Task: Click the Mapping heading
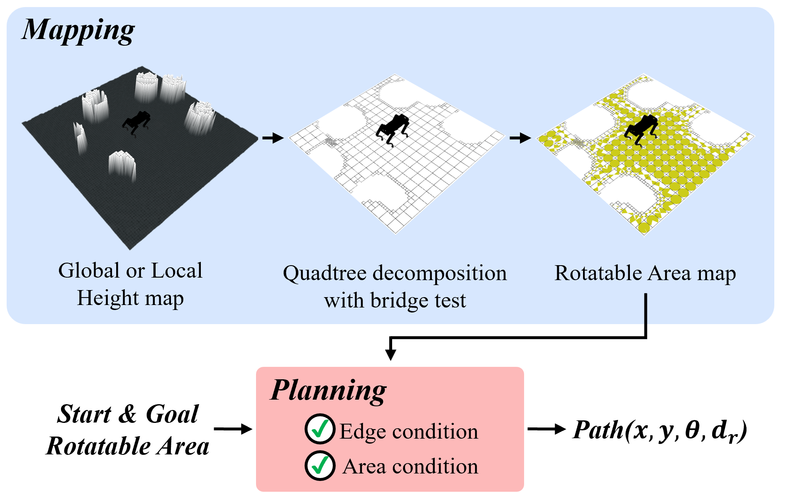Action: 78,31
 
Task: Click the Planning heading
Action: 328,390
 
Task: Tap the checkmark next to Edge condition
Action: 320,429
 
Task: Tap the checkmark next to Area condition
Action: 320,466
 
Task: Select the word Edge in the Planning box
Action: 363,432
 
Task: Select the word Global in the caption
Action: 89,271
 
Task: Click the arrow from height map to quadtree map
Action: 273,138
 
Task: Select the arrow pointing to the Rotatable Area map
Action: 520,138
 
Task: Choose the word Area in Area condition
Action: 364,466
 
